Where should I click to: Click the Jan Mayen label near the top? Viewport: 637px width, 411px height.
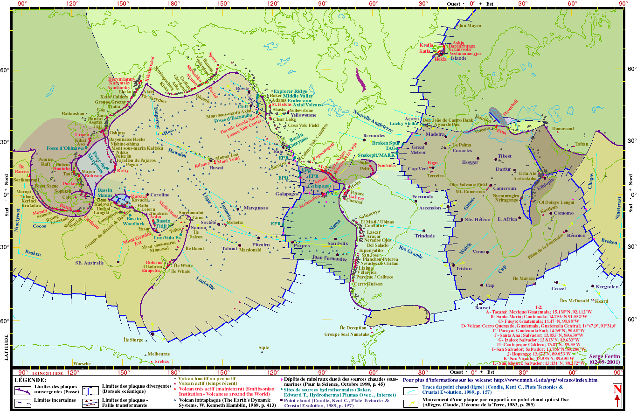[x=470, y=26]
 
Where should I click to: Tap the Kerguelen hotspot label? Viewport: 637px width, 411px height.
[x=607, y=287]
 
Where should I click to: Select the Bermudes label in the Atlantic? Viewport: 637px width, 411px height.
[x=374, y=136]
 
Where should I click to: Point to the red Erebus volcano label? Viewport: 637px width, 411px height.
[x=161, y=362]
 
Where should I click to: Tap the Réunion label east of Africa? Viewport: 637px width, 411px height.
[x=576, y=236]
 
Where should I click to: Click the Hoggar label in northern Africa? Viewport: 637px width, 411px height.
[x=470, y=162]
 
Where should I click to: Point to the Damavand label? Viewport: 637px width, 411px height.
[x=563, y=128]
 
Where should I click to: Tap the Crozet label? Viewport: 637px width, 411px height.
[x=559, y=289]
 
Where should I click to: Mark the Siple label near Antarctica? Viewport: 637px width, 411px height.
[x=263, y=348]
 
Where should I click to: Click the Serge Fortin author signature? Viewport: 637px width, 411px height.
[x=605, y=356]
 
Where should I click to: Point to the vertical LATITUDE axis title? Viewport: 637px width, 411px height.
[x=7, y=347]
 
